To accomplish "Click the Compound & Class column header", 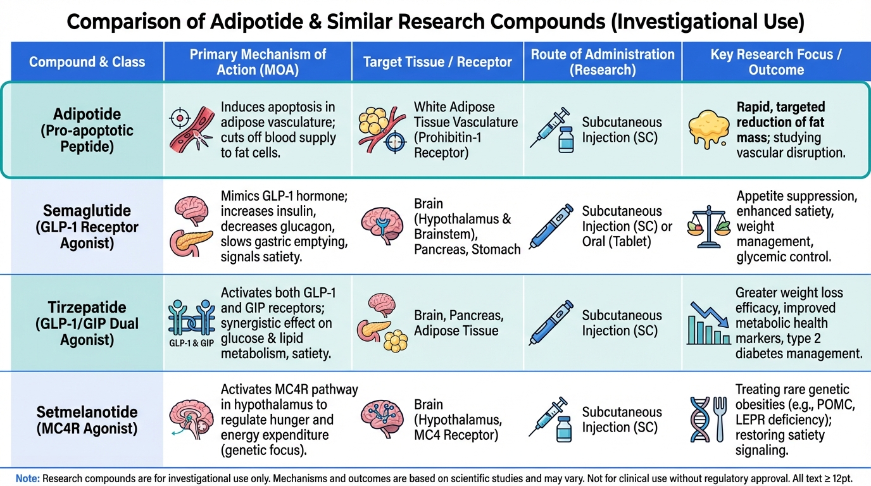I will [x=87, y=62].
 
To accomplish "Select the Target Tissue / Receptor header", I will [x=437, y=62].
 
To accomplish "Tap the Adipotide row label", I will [x=87, y=115].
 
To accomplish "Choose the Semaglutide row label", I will [x=87, y=211].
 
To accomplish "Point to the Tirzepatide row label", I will [x=87, y=308].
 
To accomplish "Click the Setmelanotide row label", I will [x=87, y=412].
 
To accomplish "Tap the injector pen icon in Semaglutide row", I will [x=551, y=227].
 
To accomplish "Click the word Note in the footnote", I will [x=27, y=478].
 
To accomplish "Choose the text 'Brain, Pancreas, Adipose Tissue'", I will [x=458, y=323].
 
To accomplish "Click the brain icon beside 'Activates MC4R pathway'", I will [x=189, y=418].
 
